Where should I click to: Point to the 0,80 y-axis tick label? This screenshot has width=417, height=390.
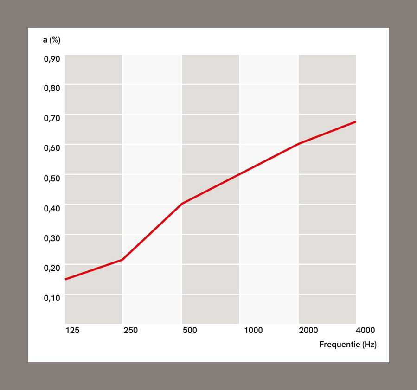[x=51, y=88]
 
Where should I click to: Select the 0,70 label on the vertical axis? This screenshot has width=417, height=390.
[x=51, y=118]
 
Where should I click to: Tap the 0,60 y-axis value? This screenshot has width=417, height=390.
[x=51, y=148]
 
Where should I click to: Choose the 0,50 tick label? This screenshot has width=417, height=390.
[x=51, y=178]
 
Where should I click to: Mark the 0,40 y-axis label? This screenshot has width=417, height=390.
[x=51, y=208]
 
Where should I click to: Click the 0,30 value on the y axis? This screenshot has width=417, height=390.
[x=51, y=238]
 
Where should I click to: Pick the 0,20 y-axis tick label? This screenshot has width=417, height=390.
[x=51, y=268]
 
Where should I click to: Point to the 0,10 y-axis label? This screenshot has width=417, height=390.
[x=51, y=298]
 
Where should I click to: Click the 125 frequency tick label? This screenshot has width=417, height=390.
[x=72, y=330]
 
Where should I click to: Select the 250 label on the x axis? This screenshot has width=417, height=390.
[x=131, y=330]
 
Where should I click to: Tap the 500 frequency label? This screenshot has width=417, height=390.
[x=190, y=330]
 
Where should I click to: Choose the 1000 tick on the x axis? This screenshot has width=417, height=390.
[x=253, y=330]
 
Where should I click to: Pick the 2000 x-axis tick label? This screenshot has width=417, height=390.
[x=308, y=330]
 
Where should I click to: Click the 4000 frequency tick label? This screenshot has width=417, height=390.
[x=365, y=330]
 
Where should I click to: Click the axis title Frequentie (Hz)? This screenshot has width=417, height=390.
[x=347, y=345]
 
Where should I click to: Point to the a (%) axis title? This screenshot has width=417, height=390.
[x=51, y=40]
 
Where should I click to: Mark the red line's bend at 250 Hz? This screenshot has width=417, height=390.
[x=122, y=260]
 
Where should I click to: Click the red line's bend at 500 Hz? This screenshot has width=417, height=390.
[x=182, y=204]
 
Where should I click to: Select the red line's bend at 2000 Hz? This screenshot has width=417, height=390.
[x=299, y=143]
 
